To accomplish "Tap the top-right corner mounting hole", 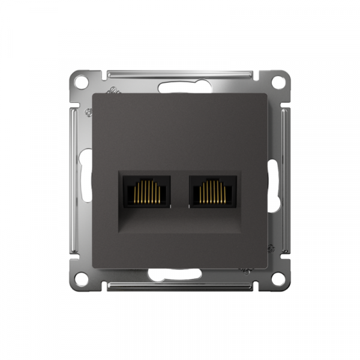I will click(x=277, y=81).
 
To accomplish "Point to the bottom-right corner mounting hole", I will click(x=277, y=279).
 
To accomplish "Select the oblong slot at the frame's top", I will click(x=180, y=86).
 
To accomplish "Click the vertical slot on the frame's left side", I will click(x=87, y=180).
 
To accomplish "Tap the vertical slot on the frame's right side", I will click(x=273, y=180).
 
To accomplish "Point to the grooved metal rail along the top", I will click(x=180, y=74).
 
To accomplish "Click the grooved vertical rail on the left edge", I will click(x=75, y=180).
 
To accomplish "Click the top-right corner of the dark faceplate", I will click(x=266, y=94).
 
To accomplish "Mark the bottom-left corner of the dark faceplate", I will click(x=94, y=266).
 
